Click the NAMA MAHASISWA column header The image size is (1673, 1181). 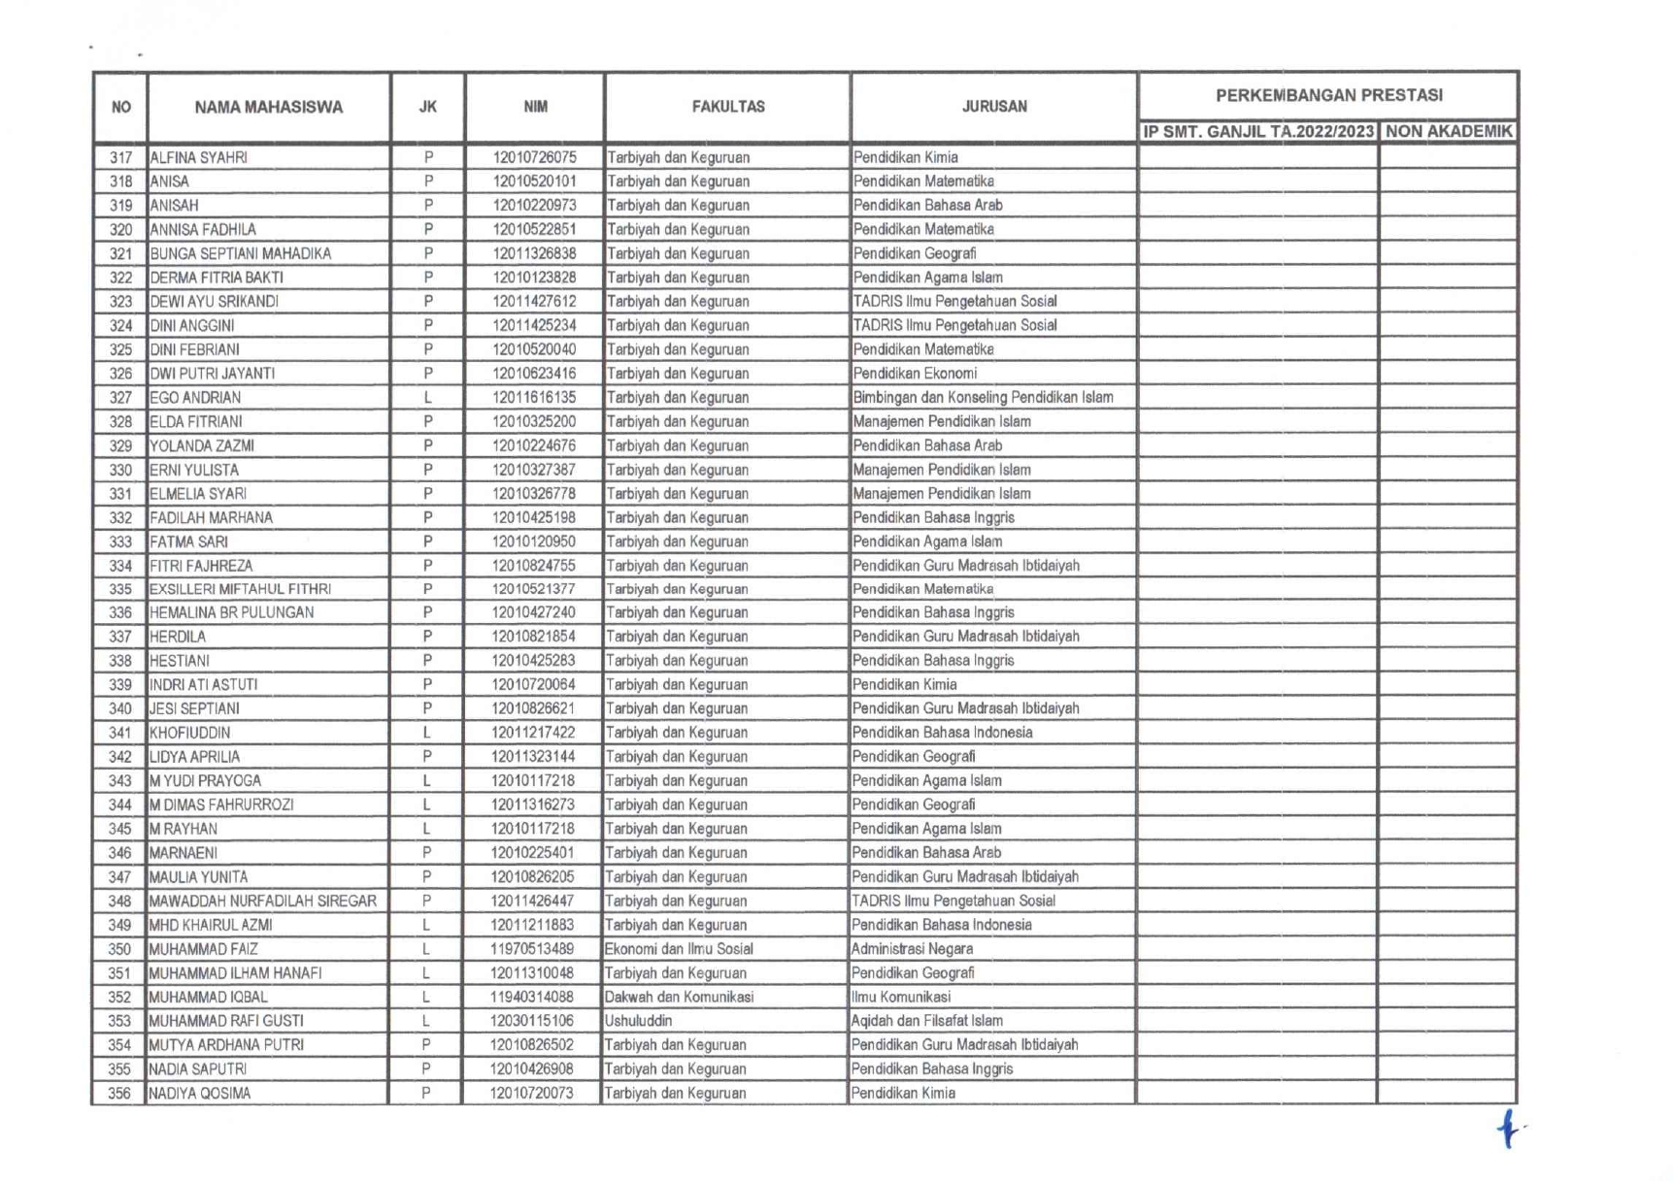coord(268,108)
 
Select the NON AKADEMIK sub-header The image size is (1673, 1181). coord(1448,132)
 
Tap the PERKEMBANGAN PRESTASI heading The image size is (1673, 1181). coord(1328,95)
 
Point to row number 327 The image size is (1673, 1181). coord(120,398)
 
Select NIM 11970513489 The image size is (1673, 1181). coord(532,949)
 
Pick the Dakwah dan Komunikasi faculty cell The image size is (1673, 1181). coord(679,997)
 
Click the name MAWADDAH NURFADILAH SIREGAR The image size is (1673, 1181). coord(262,901)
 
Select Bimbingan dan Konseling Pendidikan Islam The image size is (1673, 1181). coord(983,398)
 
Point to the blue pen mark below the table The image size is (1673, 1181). coord(1508,1129)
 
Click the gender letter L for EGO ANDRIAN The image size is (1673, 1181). coord(427,398)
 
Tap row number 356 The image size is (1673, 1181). coord(119,1094)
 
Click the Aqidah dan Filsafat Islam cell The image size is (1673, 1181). coord(926,1021)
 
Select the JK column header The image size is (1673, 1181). coord(427,108)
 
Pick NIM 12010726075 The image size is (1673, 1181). coord(534,157)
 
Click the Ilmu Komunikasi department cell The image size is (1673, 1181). coord(900,997)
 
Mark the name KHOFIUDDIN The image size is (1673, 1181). coord(189,733)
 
